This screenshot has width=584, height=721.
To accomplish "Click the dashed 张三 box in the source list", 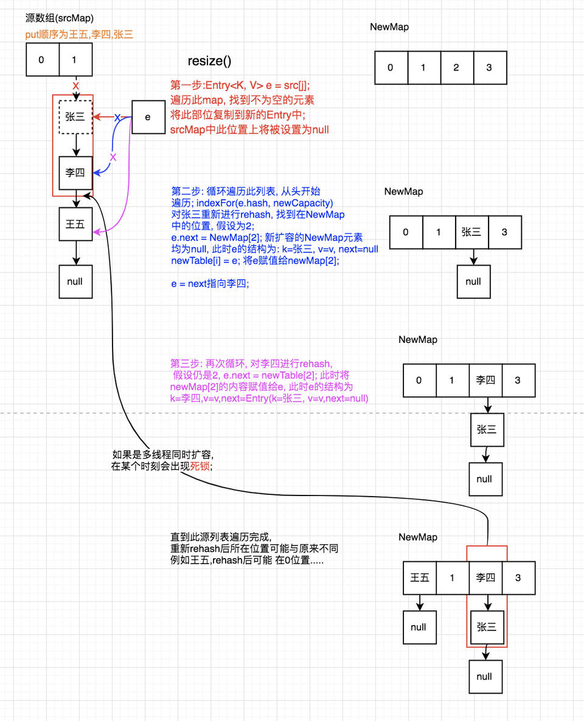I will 75,117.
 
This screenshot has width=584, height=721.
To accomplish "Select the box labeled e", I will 148,117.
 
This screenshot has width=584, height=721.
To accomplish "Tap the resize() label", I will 209,61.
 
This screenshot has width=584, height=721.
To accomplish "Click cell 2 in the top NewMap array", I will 456,67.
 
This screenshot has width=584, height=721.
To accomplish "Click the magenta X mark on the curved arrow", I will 113,157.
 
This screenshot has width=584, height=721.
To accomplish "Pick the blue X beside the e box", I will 117,117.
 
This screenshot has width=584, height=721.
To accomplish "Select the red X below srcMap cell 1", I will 75,86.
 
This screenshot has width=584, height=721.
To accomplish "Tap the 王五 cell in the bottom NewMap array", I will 420,578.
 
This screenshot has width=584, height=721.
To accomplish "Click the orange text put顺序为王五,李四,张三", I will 79,35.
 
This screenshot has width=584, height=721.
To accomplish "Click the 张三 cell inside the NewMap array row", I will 471,232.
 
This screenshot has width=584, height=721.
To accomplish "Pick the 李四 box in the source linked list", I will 75,173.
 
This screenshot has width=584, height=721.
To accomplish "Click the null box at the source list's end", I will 75,281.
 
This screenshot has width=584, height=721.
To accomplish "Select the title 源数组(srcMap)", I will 60,19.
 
